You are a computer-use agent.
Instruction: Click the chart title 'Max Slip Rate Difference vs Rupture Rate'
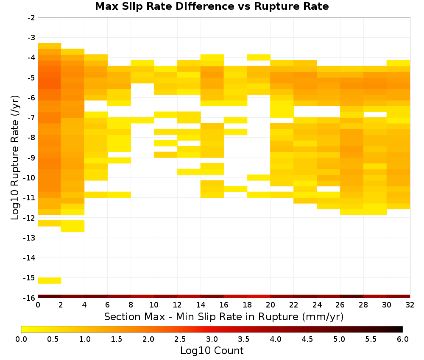(x=212, y=6)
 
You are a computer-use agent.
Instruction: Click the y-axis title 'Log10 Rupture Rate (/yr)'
(x=15, y=158)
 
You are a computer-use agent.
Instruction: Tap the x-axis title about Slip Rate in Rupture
(x=223, y=316)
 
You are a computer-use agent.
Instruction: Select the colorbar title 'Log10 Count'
(x=212, y=351)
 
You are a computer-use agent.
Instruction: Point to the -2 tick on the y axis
(x=31, y=18)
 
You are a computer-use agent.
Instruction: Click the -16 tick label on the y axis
(x=29, y=298)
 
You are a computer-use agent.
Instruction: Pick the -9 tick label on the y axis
(x=31, y=158)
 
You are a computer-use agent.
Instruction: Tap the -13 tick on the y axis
(x=29, y=238)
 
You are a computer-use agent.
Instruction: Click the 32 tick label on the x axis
(x=410, y=305)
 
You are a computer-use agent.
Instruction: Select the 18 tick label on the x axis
(x=247, y=305)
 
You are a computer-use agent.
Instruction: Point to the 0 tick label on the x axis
(x=38, y=305)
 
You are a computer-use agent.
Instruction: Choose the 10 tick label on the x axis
(x=154, y=305)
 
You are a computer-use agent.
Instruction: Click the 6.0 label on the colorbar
(x=403, y=339)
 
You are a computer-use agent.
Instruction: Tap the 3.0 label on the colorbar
(x=212, y=339)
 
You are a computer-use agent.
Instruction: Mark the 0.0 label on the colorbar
(x=21, y=339)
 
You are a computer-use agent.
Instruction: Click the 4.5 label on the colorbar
(x=307, y=339)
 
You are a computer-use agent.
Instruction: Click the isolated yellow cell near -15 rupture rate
(x=50, y=280)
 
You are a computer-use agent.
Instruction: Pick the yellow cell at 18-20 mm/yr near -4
(x=259, y=57)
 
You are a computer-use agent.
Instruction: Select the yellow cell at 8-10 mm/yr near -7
(x=142, y=120)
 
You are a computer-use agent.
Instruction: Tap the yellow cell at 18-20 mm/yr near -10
(x=259, y=177)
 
